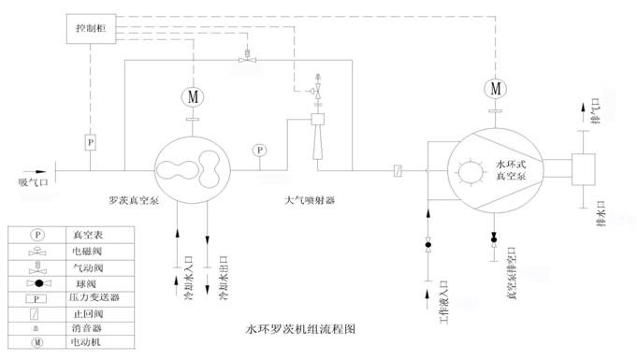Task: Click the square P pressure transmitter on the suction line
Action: (x=90, y=142)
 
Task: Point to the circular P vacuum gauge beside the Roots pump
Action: (x=257, y=151)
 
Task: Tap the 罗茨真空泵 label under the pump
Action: (x=135, y=201)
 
